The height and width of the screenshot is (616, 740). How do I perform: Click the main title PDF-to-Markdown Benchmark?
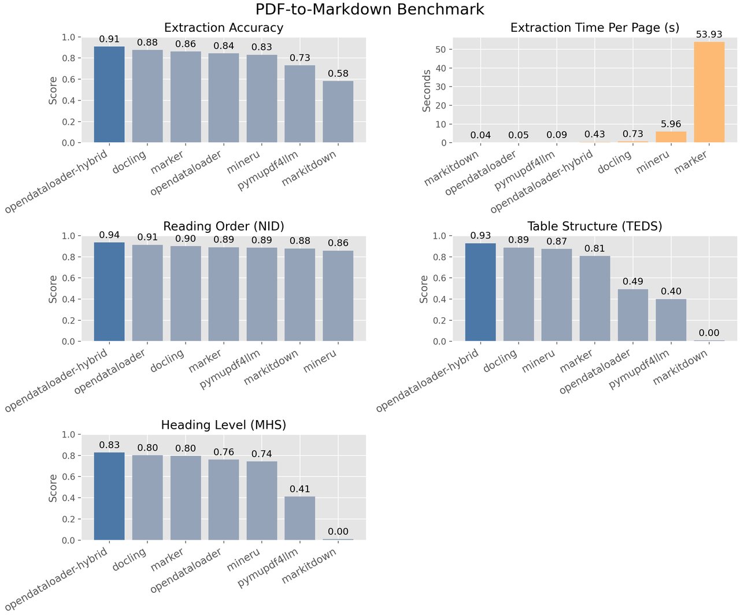pyautogui.click(x=370, y=10)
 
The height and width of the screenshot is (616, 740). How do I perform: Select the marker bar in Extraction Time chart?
pyautogui.click(x=709, y=92)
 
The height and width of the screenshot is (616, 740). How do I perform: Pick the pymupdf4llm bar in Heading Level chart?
pyautogui.click(x=300, y=518)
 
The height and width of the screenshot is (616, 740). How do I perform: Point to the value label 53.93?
pyautogui.click(x=709, y=35)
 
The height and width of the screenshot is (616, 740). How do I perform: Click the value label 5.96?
pyautogui.click(x=671, y=124)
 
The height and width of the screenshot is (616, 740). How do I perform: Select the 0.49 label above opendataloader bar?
pyautogui.click(x=633, y=281)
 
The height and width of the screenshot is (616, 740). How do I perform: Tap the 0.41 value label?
pyautogui.click(x=300, y=489)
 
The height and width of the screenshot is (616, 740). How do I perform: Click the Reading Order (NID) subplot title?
pyautogui.click(x=224, y=226)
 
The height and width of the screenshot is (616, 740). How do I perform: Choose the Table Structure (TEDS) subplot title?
pyautogui.click(x=594, y=226)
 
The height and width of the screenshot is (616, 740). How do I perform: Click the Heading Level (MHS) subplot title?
pyautogui.click(x=224, y=425)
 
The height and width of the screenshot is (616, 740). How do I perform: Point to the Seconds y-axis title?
pyautogui.click(x=427, y=90)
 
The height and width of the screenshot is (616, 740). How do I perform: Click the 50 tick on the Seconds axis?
pyautogui.click(x=441, y=50)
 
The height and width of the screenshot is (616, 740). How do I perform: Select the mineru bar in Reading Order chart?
pyautogui.click(x=338, y=296)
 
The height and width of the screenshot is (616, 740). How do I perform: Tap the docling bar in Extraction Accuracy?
pyautogui.click(x=147, y=96)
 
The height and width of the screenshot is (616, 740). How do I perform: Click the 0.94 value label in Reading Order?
pyautogui.click(x=109, y=235)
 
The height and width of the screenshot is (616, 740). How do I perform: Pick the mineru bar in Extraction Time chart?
pyautogui.click(x=671, y=137)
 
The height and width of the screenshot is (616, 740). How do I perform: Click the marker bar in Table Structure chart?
pyautogui.click(x=595, y=298)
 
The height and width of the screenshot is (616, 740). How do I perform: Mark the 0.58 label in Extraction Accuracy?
pyautogui.click(x=338, y=73)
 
